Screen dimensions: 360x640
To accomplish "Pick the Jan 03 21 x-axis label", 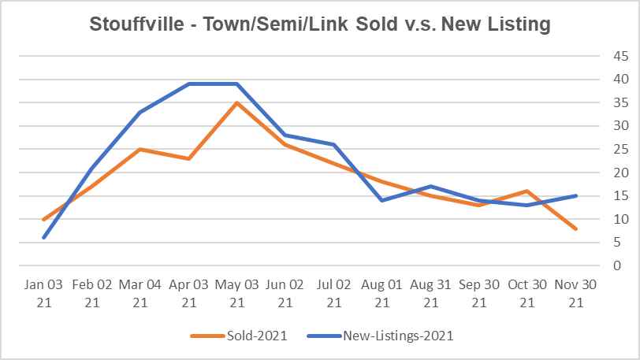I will click(x=43, y=292).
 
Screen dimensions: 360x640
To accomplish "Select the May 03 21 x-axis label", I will click(x=237, y=292).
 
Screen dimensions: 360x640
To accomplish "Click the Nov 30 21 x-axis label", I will click(x=576, y=292).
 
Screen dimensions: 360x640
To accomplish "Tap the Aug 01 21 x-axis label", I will click(x=382, y=292).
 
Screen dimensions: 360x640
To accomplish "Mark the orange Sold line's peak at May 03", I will click(x=237, y=102).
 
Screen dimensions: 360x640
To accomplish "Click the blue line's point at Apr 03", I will click(x=189, y=84).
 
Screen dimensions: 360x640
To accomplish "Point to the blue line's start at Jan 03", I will click(x=43, y=237).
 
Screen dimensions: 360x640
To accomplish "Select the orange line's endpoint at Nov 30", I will click(x=576, y=228).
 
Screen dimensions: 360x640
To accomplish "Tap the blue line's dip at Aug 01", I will click(x=382, y=200).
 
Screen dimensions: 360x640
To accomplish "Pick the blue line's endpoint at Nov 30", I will click(x=576, y=195).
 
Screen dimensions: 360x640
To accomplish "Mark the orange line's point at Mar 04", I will click(x=140, y=149).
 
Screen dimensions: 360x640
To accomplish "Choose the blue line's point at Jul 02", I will click(x=334, y=144).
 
